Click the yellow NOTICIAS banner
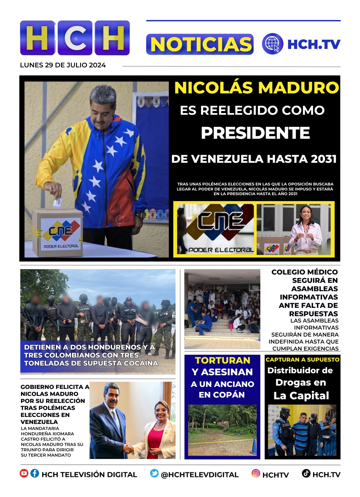pyautogui.click(x=200, y=44)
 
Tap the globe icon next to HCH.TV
pyautogui.click(x=272, y=44)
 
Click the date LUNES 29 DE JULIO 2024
pyautogui.click(x=63, y=65)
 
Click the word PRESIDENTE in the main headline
pyautogui.click(x=255, y=133)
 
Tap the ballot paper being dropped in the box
pyautogui.click(x=57, y=202)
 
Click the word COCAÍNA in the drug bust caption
pyautogui.click(x=140, y=363)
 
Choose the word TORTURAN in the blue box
pyautogui.click(x=222, y=361)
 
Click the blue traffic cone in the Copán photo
pyautogui.click(x=254, y=446)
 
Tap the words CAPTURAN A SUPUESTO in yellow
pyautogui.click(x=302, y=360)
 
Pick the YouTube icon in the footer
pyautogui.click(x=24, y=473)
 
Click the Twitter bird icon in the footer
pyautogui.click(x=154, y=473)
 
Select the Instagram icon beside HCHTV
pyautogui.click(x=256, y=473)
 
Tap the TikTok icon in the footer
pyautogui.click(x=306, y=473)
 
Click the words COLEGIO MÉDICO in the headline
pyautogui.click(x=304, y=272)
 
